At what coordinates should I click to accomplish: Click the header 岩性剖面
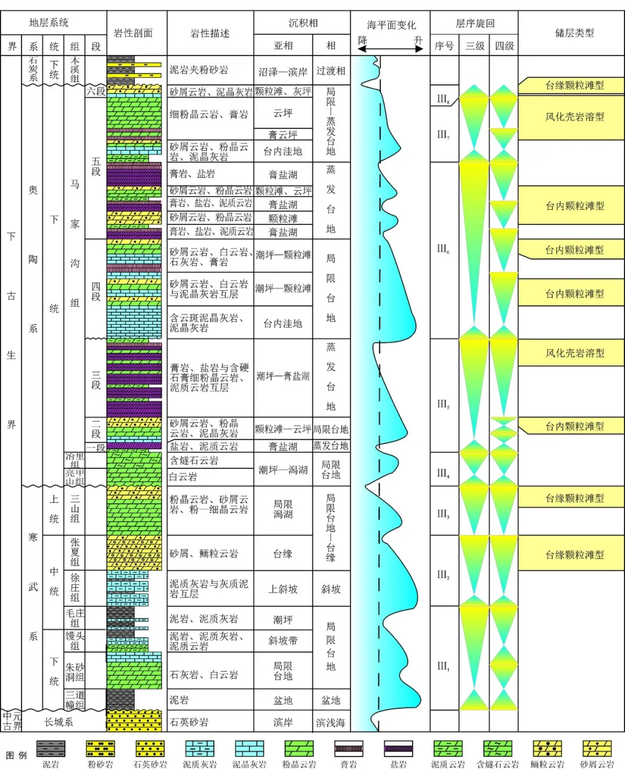[134, 34]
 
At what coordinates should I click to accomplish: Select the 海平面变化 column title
[391, 25]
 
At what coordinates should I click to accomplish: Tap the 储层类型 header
[574, 33]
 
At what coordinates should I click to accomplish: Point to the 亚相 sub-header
[283, 46]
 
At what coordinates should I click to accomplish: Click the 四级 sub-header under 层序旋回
[504, 46]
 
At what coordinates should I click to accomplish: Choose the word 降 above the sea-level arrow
[363, 40]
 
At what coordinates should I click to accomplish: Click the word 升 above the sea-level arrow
[418, 40]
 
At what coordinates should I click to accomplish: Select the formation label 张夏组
[75, 552]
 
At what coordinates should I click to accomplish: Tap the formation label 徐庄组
[75, 587]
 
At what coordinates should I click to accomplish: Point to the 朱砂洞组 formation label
[75, 672]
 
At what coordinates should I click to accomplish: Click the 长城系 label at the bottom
[59, 722]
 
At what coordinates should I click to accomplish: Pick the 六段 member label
[96, 91]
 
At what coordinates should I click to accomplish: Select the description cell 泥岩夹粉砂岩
[198, 70]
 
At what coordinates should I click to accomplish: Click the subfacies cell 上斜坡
[283, 589]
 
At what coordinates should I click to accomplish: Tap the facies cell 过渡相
[330, 71]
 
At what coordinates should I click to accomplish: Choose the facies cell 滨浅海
[330, 723]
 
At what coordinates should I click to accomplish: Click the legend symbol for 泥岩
[51, 749]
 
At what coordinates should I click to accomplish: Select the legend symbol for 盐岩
[399, 749]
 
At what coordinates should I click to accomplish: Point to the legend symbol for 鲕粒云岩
[547, 749]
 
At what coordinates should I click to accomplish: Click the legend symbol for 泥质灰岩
[200, 749]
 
